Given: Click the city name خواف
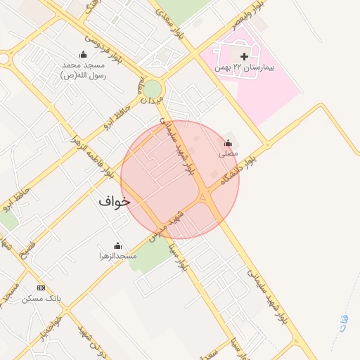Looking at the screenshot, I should (x=115, y=202).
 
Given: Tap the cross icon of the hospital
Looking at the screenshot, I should (x=243, y=56).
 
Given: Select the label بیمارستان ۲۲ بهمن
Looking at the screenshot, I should (x=244, y=69).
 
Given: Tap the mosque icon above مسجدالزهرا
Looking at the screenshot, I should (x=117, y=245).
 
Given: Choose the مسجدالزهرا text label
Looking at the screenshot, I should (x=117, y=257).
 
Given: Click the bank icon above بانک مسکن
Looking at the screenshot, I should (x=41, y=288).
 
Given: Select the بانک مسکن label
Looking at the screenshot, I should (x=41, y=299).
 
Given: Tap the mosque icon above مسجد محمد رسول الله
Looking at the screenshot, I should (x=83, y=55).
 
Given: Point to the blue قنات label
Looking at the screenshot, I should (x=342, y=321).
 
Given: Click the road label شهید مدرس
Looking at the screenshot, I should (x=168, y=222).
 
